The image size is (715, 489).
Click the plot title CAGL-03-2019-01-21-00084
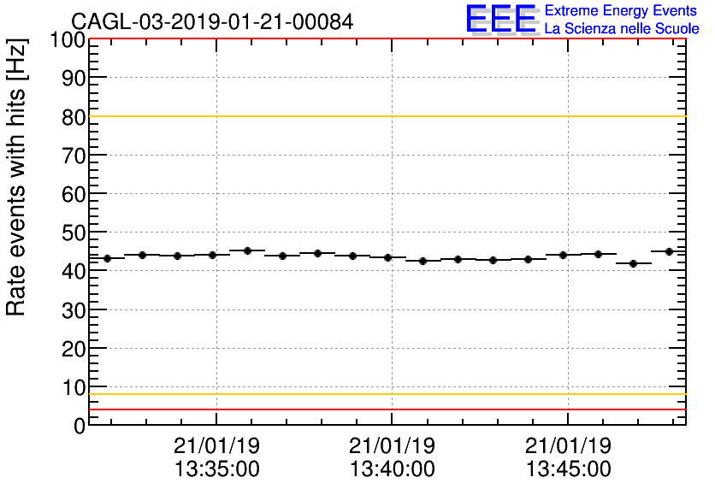(211, 21)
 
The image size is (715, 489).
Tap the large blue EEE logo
(501, 19)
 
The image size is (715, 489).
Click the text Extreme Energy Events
(622, 11)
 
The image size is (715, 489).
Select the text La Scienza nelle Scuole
(622, 29)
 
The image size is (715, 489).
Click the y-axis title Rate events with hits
(18, 177)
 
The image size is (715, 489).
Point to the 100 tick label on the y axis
(67, 40)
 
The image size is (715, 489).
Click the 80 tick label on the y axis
(73, 117)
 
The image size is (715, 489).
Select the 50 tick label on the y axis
(73, 233)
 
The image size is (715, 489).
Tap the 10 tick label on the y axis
(73, 387)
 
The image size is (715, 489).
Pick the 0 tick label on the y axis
(79, 426)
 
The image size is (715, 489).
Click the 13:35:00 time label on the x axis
(216, 468)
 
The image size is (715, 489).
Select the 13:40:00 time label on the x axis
(392, 468)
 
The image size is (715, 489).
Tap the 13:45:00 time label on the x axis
(568, 468)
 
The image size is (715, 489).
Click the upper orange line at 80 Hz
(385, 116)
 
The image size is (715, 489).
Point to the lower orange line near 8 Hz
(385, 394)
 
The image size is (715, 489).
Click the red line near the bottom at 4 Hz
(385, 409)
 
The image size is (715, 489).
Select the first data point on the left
(108, 258)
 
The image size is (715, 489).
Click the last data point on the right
(669, 251)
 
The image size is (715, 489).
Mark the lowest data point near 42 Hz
(634, 263)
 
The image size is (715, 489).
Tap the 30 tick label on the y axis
(73, 310)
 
